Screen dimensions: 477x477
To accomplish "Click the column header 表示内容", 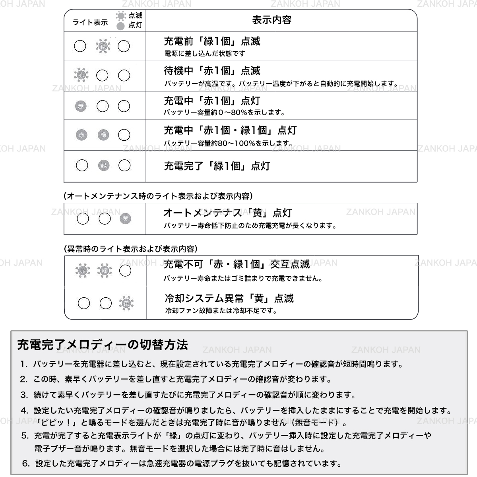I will pos(272,20).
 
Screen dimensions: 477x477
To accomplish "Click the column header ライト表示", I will pos(90,23).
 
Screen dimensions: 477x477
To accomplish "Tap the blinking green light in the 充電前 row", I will pos(103,47).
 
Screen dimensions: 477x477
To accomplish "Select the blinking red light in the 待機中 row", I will pos(81,75).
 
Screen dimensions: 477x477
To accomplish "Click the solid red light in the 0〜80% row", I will pos(81,106).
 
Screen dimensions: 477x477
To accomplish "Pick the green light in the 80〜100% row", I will pos(103,135).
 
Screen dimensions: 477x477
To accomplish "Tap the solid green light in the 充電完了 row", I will pos(104,165).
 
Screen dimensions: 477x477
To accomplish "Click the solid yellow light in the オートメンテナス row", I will pos(126,218).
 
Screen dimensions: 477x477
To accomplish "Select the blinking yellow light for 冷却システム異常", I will pos(126,304).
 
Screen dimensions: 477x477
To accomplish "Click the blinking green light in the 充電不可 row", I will pos(105,271).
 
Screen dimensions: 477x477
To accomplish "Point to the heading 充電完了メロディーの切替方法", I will pos(103,345).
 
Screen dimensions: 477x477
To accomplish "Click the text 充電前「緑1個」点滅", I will pos(212,41).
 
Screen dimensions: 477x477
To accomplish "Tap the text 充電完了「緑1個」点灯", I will pos(217,166).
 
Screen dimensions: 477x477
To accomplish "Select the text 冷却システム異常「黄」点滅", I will pos(229,299).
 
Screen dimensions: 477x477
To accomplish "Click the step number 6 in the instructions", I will pos(26,463).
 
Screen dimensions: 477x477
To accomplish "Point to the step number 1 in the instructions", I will pos(24,364).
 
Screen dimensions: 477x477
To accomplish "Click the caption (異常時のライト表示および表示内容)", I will pos(131,249).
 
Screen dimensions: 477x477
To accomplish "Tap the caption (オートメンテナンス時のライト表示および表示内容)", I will pos(158,196).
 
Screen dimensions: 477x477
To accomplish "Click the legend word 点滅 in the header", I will pos(135,16).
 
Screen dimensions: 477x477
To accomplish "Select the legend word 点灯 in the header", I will pos(135,25).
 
